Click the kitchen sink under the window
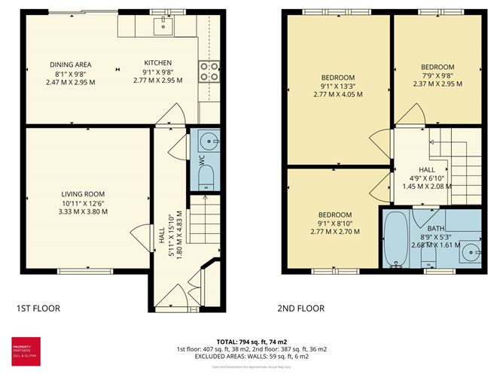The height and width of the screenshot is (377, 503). coord(163,26)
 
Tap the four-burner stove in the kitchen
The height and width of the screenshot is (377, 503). coord(209,70)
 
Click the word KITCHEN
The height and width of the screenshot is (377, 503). coord(159,62)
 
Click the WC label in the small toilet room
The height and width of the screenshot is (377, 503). coord(202,160)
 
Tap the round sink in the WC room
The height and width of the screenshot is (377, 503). coord(209,141)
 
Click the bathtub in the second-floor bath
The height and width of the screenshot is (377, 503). coord(395,239)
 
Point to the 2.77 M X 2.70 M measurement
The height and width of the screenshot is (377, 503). coord(335,232)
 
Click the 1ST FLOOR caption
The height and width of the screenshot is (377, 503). coord(38,308)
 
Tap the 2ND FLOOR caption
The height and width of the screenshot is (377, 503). coord(301,308)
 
